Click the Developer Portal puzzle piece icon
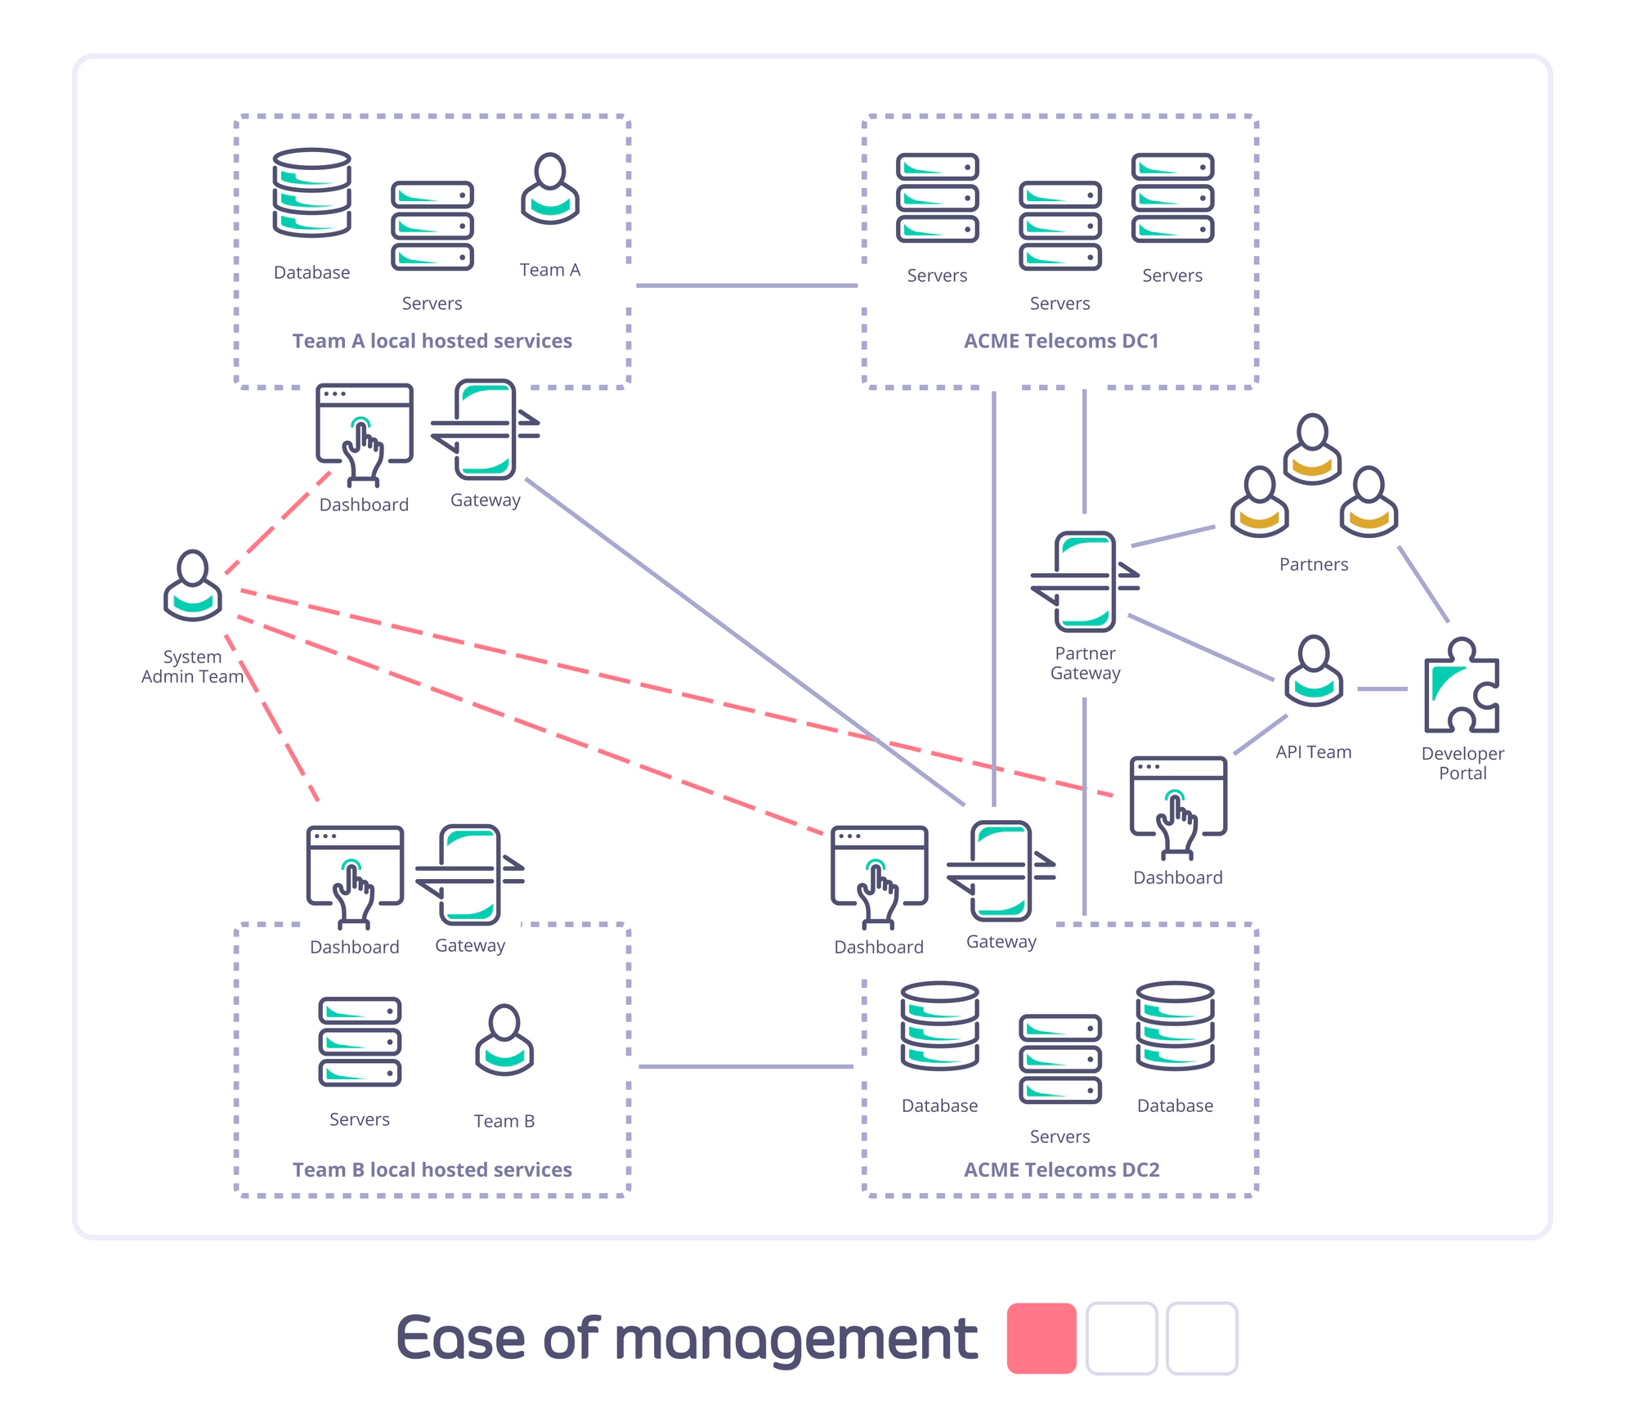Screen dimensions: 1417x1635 pos(1462,687)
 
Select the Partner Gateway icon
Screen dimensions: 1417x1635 pos(1085,581)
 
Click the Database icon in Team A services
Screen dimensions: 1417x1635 pos(311,193)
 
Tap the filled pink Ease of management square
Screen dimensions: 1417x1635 pos(1041,1339)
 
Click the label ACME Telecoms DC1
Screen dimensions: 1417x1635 pos(1061,341)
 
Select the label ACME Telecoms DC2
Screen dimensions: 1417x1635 pos(1061,1170)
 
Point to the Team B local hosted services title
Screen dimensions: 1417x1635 pos(432,1170)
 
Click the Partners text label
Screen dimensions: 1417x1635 pos(1314,564)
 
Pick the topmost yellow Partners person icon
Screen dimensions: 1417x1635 pos(1312,449)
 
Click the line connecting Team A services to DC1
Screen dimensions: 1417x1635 pos(746,285)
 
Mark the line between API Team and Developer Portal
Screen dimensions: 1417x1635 pos(1382,689)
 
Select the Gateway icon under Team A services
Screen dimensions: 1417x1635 pos(486,429)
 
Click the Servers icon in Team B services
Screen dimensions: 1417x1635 pos(360,1042)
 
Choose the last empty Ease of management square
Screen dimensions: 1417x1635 pos(1202,1339)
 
